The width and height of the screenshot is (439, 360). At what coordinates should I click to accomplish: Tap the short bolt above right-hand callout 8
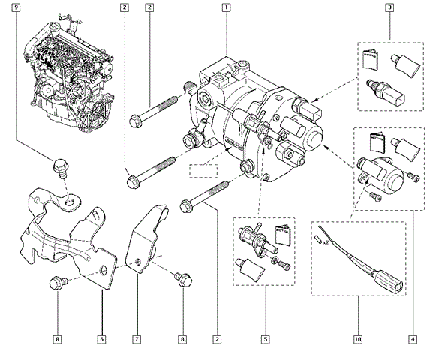click(181, 279)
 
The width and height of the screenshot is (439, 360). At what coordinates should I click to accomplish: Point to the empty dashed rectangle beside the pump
click(202, 170)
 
